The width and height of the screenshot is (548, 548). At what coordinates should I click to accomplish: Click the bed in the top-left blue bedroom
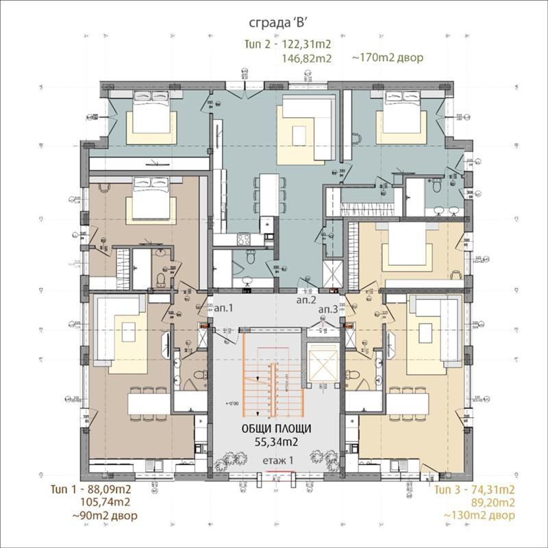click(150, 113)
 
